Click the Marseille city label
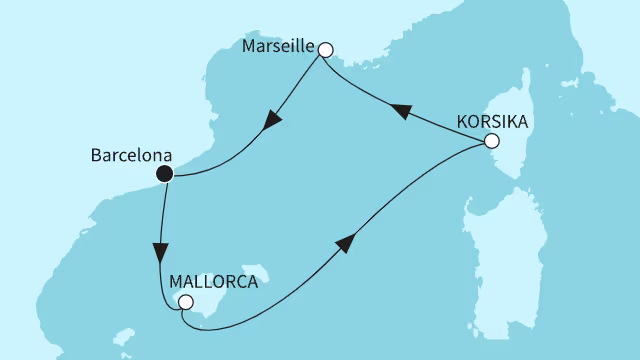(x=278, y=48)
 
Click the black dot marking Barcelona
(x=165, y=174)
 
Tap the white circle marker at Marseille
(x=324, y=47)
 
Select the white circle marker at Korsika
(x=491, y=142)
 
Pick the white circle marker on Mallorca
(x=184, y=302)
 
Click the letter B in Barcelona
(x=96, y=156)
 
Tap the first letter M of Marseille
(x=248, y=48)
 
